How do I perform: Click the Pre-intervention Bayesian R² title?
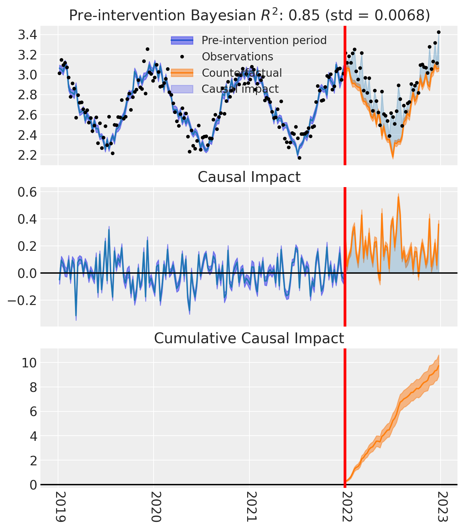[249, 15]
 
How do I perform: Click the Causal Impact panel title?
[249, 177]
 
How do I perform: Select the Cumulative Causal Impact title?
[249, 338]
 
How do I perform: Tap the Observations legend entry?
[237, 56]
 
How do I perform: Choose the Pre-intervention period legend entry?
[264, 40]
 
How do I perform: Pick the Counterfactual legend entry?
[242, 73]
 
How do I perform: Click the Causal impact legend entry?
[240, 89]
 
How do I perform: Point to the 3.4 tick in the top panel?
[27, 34]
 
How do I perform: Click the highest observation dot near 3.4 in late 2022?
[439, 32]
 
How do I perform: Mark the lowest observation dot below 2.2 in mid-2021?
[299, 158]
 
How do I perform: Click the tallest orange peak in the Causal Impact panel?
[398, 197]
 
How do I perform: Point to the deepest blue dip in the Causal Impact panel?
[76, 317]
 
